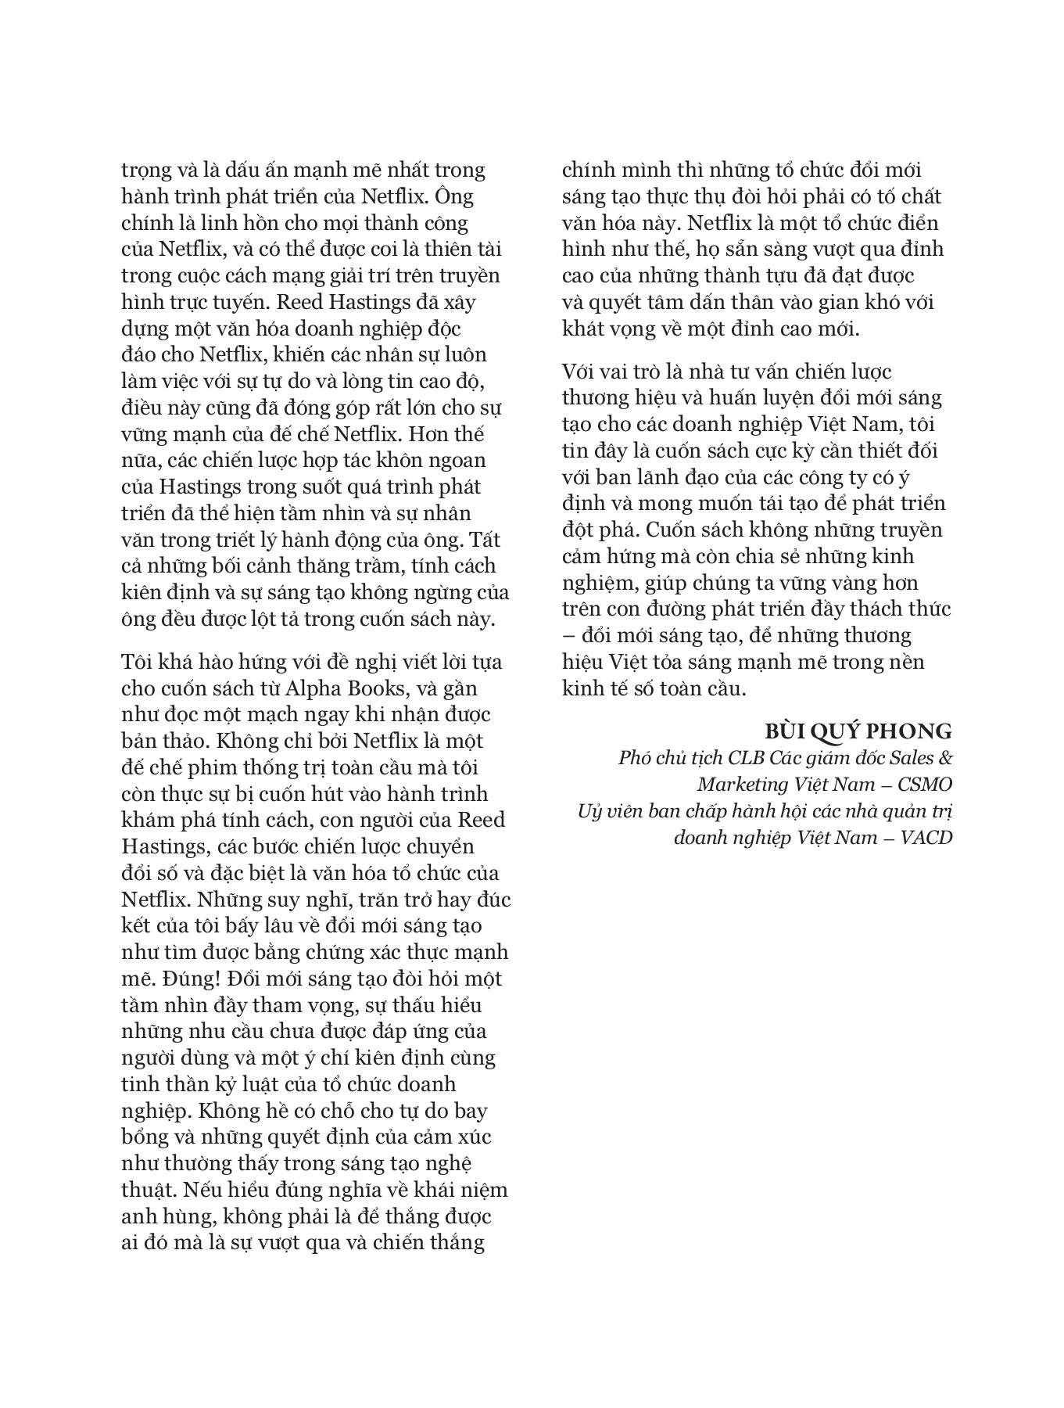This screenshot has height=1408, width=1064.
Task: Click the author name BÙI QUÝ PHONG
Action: point(858,731)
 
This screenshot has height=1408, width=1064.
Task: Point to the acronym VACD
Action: point(926,837)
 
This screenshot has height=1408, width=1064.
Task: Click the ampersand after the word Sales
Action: point(944,757)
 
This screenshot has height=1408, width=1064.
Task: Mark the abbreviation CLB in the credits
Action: point(748,757)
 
